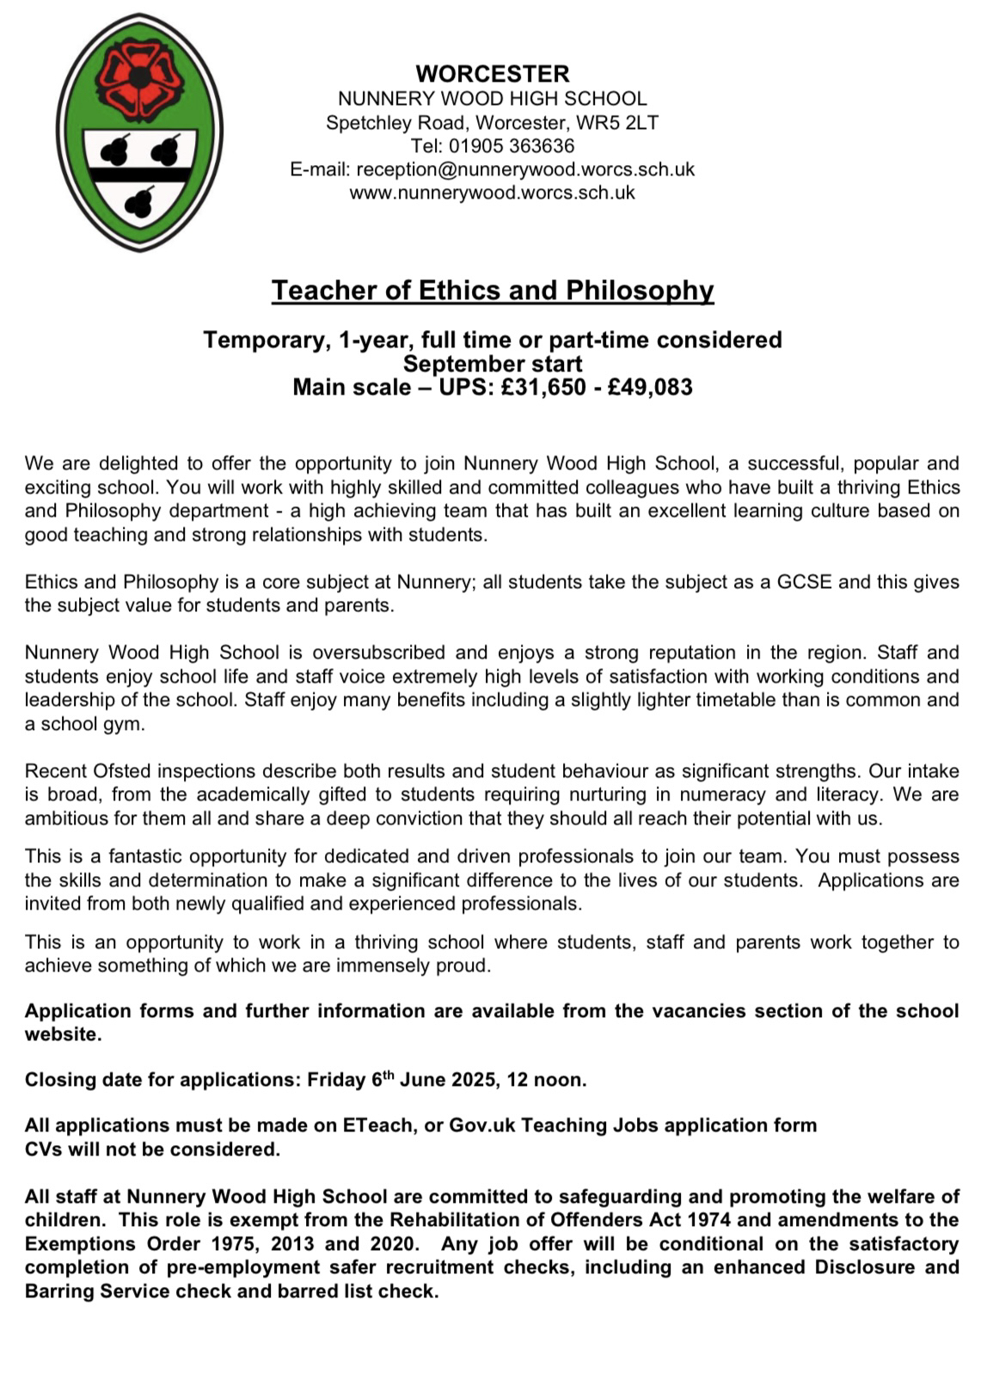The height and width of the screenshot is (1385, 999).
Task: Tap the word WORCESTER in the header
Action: (493, 74)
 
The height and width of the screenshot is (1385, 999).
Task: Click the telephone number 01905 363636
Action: (512, 146)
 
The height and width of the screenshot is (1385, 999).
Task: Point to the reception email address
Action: (525, 169)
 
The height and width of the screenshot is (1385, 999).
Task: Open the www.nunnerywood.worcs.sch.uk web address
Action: (492, 193)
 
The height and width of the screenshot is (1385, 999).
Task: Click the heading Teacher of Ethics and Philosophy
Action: (493, 291)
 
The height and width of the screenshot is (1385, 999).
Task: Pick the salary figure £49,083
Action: (650, 387)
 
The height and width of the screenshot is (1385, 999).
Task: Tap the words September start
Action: (493, 364)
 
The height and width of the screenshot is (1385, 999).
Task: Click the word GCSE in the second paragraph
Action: (804, 582)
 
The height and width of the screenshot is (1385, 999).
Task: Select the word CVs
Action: (43, 1149)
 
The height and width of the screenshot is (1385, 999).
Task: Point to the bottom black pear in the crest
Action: (139, 203)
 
